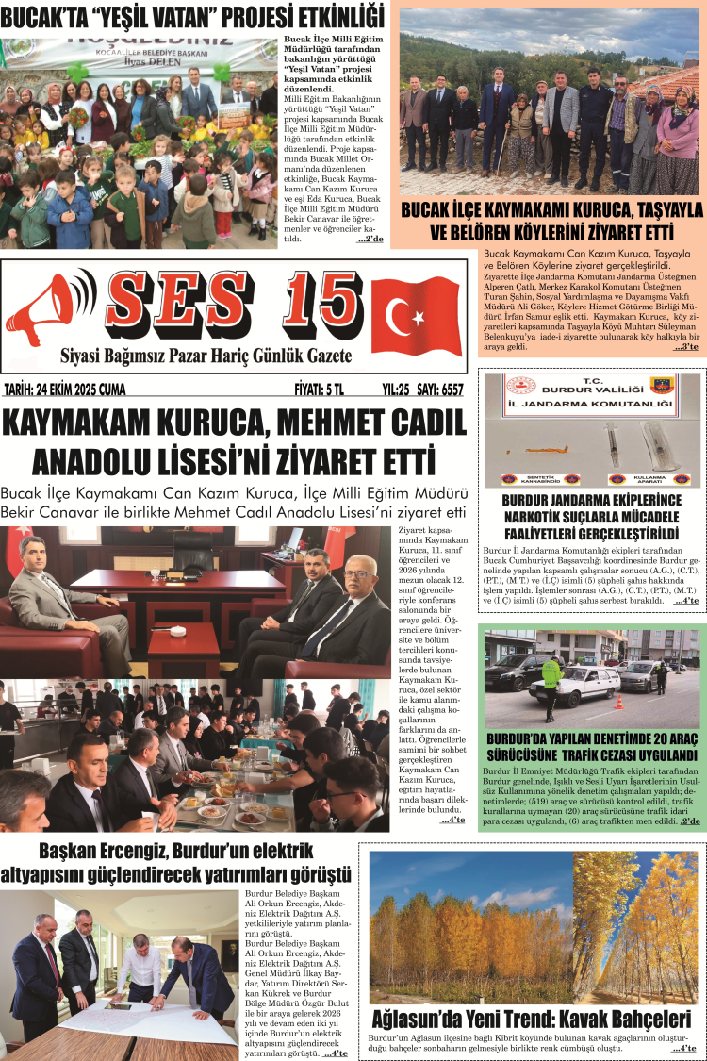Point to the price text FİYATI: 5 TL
point(320,389)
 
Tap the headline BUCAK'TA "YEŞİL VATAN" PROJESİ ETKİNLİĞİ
point(193,16)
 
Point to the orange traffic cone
point(619,702)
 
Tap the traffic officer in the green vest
point(551,674)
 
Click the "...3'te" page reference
point(685,348)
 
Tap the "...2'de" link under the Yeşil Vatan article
point(370,240)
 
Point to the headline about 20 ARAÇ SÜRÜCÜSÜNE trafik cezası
point(591,747)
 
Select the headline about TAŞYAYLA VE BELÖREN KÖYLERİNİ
point(551,220)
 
